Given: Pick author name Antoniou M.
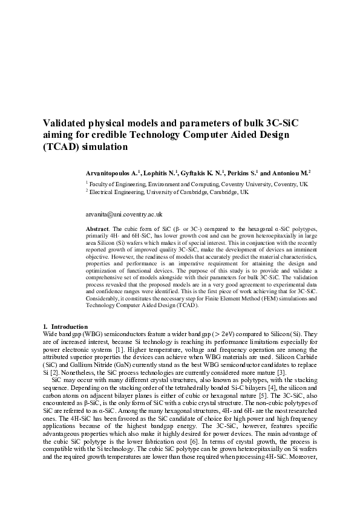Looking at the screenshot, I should coord(295,172).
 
